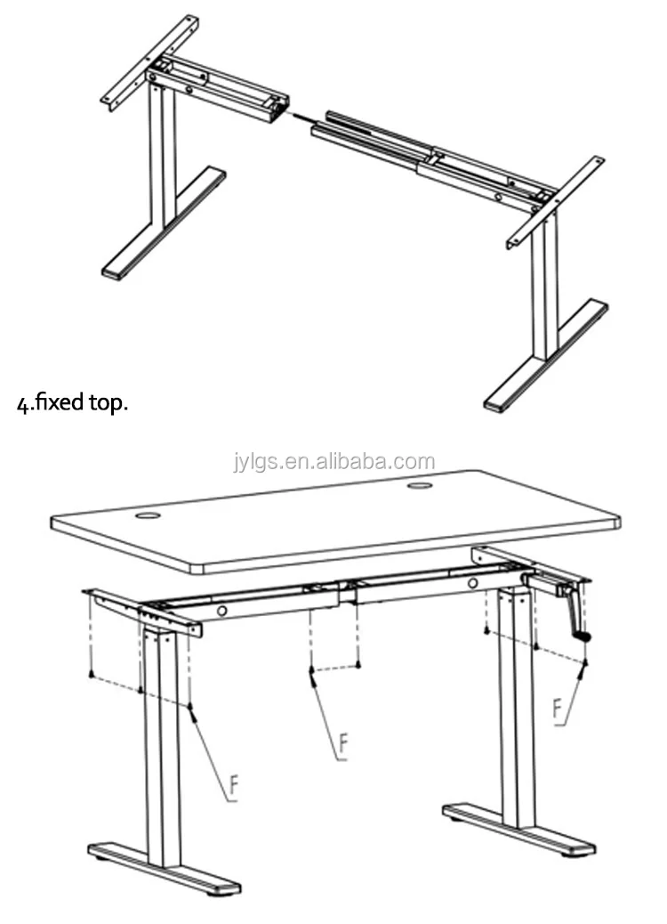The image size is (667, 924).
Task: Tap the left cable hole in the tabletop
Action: (148, 516)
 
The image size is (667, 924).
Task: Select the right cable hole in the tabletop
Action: (419, 486)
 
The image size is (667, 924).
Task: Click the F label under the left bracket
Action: (234, 786)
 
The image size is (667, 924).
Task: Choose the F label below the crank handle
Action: (558, 709)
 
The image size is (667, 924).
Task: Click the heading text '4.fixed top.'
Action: (72, 403)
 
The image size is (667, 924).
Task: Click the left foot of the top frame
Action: (165, 224)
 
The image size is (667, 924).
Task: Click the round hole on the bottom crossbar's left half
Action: (222, 611)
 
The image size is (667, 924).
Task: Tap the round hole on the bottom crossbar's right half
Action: (473, 583)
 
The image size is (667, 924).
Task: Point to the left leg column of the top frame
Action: (163, 152)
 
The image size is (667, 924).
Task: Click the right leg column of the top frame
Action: (544, 283)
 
